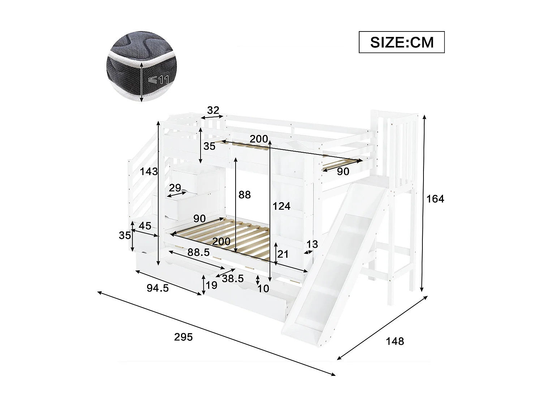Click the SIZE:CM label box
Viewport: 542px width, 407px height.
click(401, 42)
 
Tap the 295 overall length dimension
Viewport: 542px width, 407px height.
click(184, 337)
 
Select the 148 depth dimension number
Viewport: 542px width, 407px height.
click(395, 341)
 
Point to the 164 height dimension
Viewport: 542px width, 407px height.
click(435, 199)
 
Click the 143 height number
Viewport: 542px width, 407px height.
click(149, 171)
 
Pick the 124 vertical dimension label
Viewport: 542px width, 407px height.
click(281, 206)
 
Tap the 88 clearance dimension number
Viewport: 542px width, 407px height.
click(245, 195)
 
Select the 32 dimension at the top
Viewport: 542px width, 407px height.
click(213, 110)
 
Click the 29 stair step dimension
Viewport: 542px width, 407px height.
click(175, 188)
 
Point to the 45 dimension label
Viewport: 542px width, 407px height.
click(145, 226)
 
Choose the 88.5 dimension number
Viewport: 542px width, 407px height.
click(198, 253)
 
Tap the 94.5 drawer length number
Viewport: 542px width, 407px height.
click(158, 288)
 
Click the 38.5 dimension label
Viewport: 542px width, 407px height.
click(233, 279)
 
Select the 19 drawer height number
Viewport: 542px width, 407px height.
click(211, 285)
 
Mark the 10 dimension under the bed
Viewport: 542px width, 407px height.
click(263, 288)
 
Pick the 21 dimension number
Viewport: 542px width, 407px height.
click(283, 254)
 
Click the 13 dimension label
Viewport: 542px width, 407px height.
click(312, 244)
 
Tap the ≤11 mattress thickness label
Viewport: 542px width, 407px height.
click(159, 79)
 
